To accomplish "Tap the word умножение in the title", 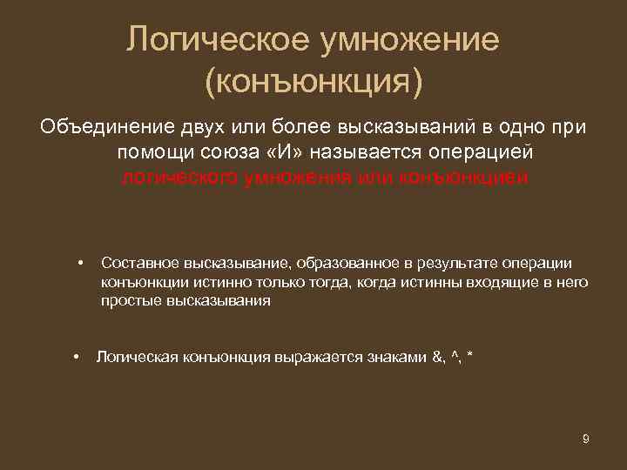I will pos(411,40).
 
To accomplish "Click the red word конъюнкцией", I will pos(462,178).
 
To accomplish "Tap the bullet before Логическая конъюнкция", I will pos(78,357).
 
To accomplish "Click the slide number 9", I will pos(586,439).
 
